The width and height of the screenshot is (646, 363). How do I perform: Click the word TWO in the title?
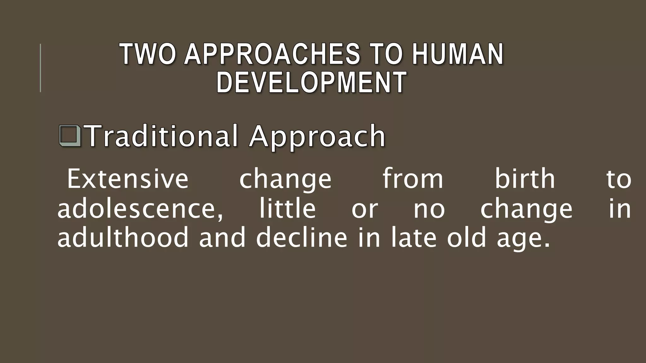(x=148, y=54)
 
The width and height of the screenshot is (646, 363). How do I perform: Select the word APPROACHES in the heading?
(x=272, y=54)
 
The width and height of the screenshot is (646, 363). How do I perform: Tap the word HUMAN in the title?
(x=457, y=54)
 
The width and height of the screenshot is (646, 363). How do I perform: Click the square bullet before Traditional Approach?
(x=70, y=136)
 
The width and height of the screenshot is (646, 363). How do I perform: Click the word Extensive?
(x=128, y=179)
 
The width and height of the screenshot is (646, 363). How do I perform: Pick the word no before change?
(x=429, y=209)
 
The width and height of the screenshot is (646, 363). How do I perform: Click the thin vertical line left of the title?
(x=40, y=68)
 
